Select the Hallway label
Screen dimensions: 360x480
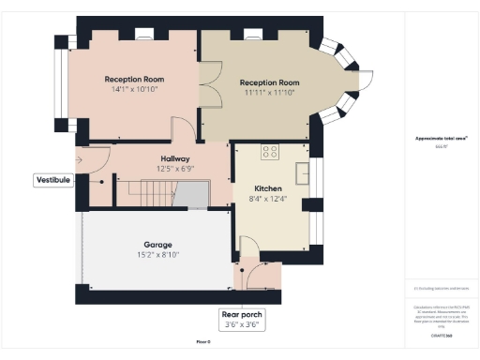click(175, 159)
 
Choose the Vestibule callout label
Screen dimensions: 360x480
click(53, 179)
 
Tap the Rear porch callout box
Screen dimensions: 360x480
click(240, 320)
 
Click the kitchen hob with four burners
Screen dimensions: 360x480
click(272, 153)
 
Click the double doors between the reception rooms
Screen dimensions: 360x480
click(209, 79)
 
